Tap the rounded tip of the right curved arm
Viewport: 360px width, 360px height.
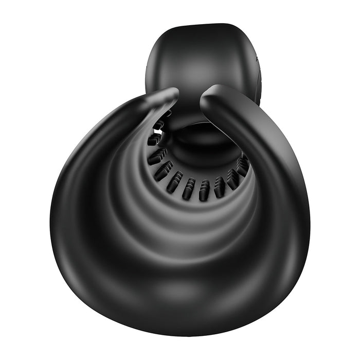coord(208,96)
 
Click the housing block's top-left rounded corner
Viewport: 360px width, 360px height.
coord(154,39)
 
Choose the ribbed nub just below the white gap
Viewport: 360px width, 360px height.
coord(154,139)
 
